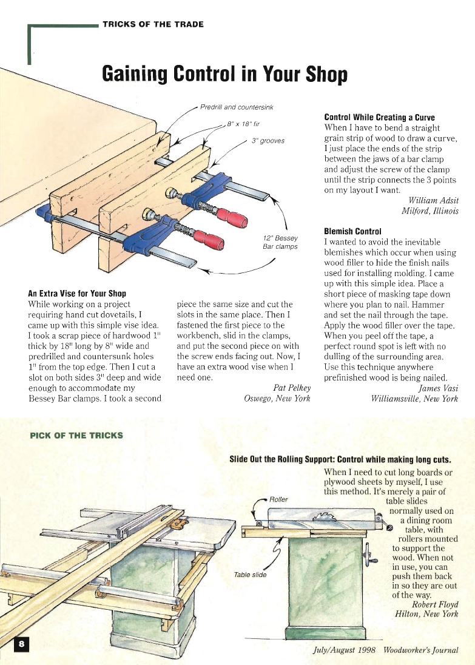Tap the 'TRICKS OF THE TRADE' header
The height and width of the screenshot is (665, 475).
[x=153, y=25]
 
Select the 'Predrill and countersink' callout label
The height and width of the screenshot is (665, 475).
[x=237, y=107]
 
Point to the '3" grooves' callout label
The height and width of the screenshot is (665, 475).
[x=268, y=141]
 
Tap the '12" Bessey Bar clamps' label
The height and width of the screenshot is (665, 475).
[x=280, y=243]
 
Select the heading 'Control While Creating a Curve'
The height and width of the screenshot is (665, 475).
[x=380, y=117]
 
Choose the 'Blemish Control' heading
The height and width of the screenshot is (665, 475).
[x=353, y=231]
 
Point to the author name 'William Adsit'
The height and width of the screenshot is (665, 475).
[x=433, y=200]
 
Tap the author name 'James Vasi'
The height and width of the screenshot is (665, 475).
[x=438, y=388]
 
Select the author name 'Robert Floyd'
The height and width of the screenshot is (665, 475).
[x=434, y=604]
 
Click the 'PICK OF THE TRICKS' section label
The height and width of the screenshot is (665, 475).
[x=76, y=435]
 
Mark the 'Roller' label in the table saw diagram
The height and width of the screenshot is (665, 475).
[x=278, y=499]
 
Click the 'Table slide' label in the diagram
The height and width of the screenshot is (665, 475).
[x=250, y=575]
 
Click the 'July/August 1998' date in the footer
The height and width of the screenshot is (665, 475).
[x=345, y=650]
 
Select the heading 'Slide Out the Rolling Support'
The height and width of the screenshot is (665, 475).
[x=281, y=459]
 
